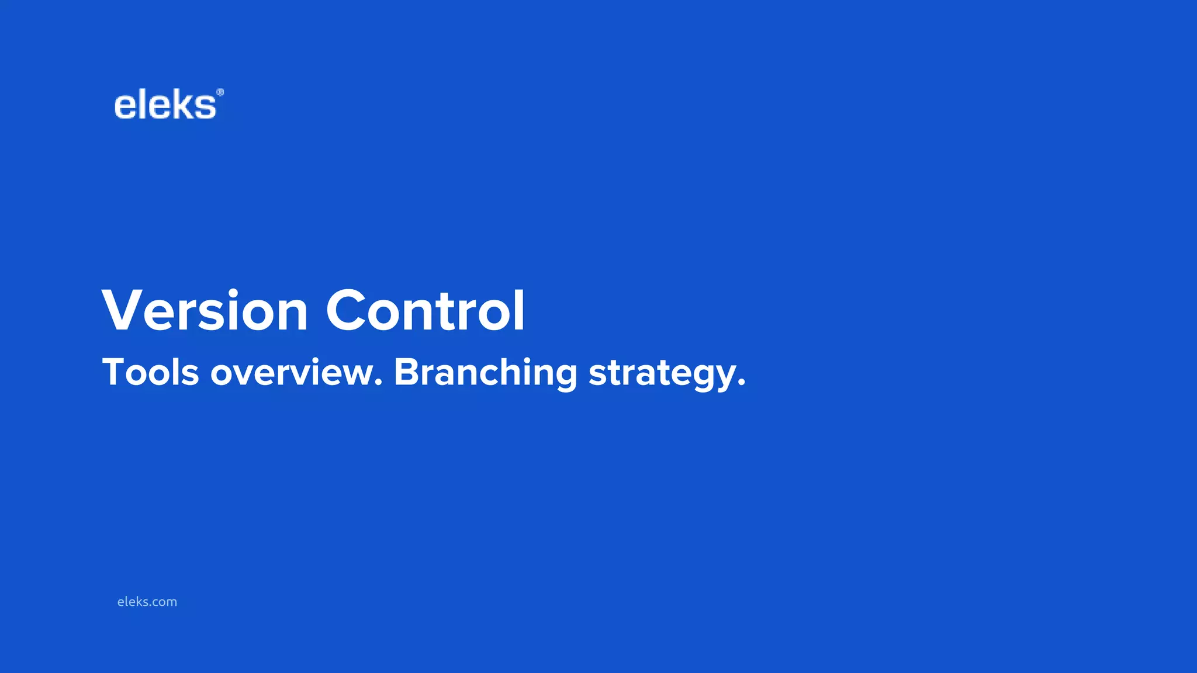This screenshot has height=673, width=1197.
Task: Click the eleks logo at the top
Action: [165, 106]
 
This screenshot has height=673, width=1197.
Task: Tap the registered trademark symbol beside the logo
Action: [220, 92]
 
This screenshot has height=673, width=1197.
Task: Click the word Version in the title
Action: [205, 311]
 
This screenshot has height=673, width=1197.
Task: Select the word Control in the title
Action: [425, 311]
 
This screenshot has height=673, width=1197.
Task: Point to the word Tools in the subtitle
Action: [151, 372]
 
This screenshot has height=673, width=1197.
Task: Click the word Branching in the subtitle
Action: [486, 373]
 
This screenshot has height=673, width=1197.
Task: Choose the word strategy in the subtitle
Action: [662, 374]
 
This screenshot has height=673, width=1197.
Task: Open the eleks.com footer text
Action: [147, 602]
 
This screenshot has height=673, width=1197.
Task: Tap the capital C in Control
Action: [348, 311]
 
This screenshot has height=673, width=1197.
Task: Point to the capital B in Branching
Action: [407, 372]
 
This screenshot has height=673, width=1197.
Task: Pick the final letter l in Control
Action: [519, 310]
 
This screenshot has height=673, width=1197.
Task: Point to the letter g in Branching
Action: [564, 377]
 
